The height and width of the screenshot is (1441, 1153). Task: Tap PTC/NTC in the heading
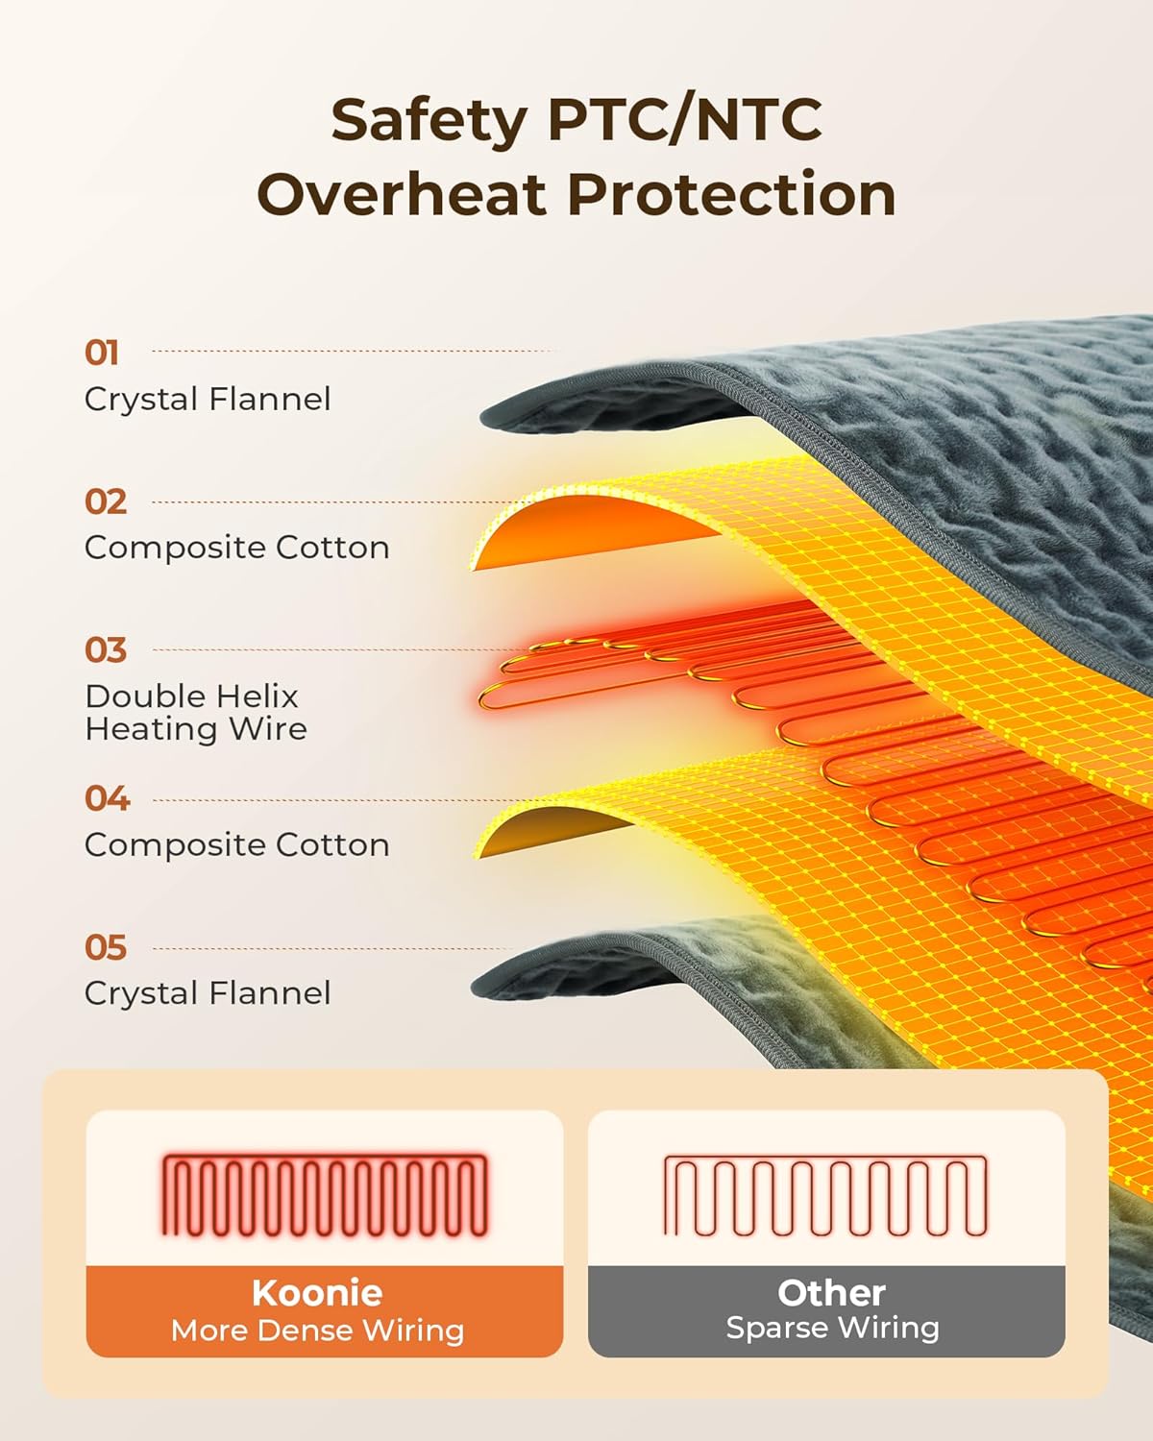coord(685,119)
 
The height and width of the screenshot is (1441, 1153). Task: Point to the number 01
coord(101,353)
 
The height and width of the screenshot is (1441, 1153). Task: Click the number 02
coord(105,501)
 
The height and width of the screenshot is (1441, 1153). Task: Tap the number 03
coord(105,650)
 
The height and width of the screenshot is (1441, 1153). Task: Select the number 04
coord(107,799)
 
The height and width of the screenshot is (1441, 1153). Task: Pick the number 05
coord(105,947)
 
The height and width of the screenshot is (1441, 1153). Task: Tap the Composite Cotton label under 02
coord(237,549)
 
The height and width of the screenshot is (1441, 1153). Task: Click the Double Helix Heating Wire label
coord(196,713)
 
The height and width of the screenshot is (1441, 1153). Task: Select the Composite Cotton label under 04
coord(237,845)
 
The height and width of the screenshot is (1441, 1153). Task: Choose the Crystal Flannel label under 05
coord(208,994)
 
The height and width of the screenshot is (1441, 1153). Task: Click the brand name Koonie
coord(317,1293)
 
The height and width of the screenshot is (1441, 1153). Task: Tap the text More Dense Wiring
coord(318,1331)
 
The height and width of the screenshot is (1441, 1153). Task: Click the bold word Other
coord(831,1293)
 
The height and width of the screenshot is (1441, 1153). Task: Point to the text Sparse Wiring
coord(832,1329)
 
